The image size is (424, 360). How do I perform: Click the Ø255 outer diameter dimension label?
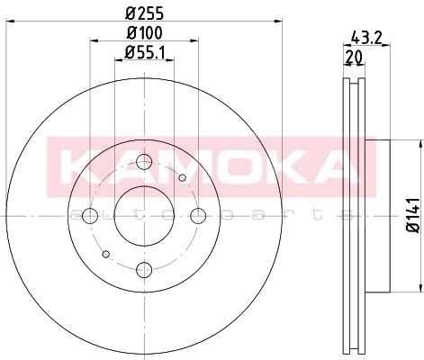145,13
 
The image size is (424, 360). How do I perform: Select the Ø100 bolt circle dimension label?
145,33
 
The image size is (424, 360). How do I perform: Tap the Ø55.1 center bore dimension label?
145,52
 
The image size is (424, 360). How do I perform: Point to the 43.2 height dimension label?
366,38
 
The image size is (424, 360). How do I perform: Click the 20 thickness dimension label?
354,57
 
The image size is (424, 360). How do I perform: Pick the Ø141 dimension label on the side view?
413,215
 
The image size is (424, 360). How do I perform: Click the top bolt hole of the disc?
144,162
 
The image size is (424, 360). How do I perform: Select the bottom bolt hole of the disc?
144,270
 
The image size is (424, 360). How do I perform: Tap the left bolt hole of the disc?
90,216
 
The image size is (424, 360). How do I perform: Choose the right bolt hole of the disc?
198,216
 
